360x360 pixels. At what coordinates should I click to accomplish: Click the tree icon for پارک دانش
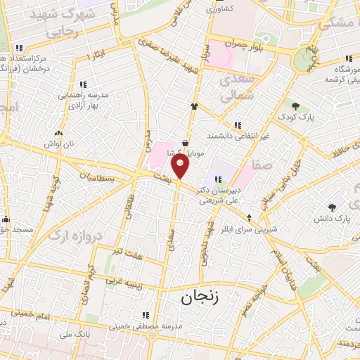[x=333, y=207]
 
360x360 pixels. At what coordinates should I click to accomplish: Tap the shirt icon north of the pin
[x=194, y=106]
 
